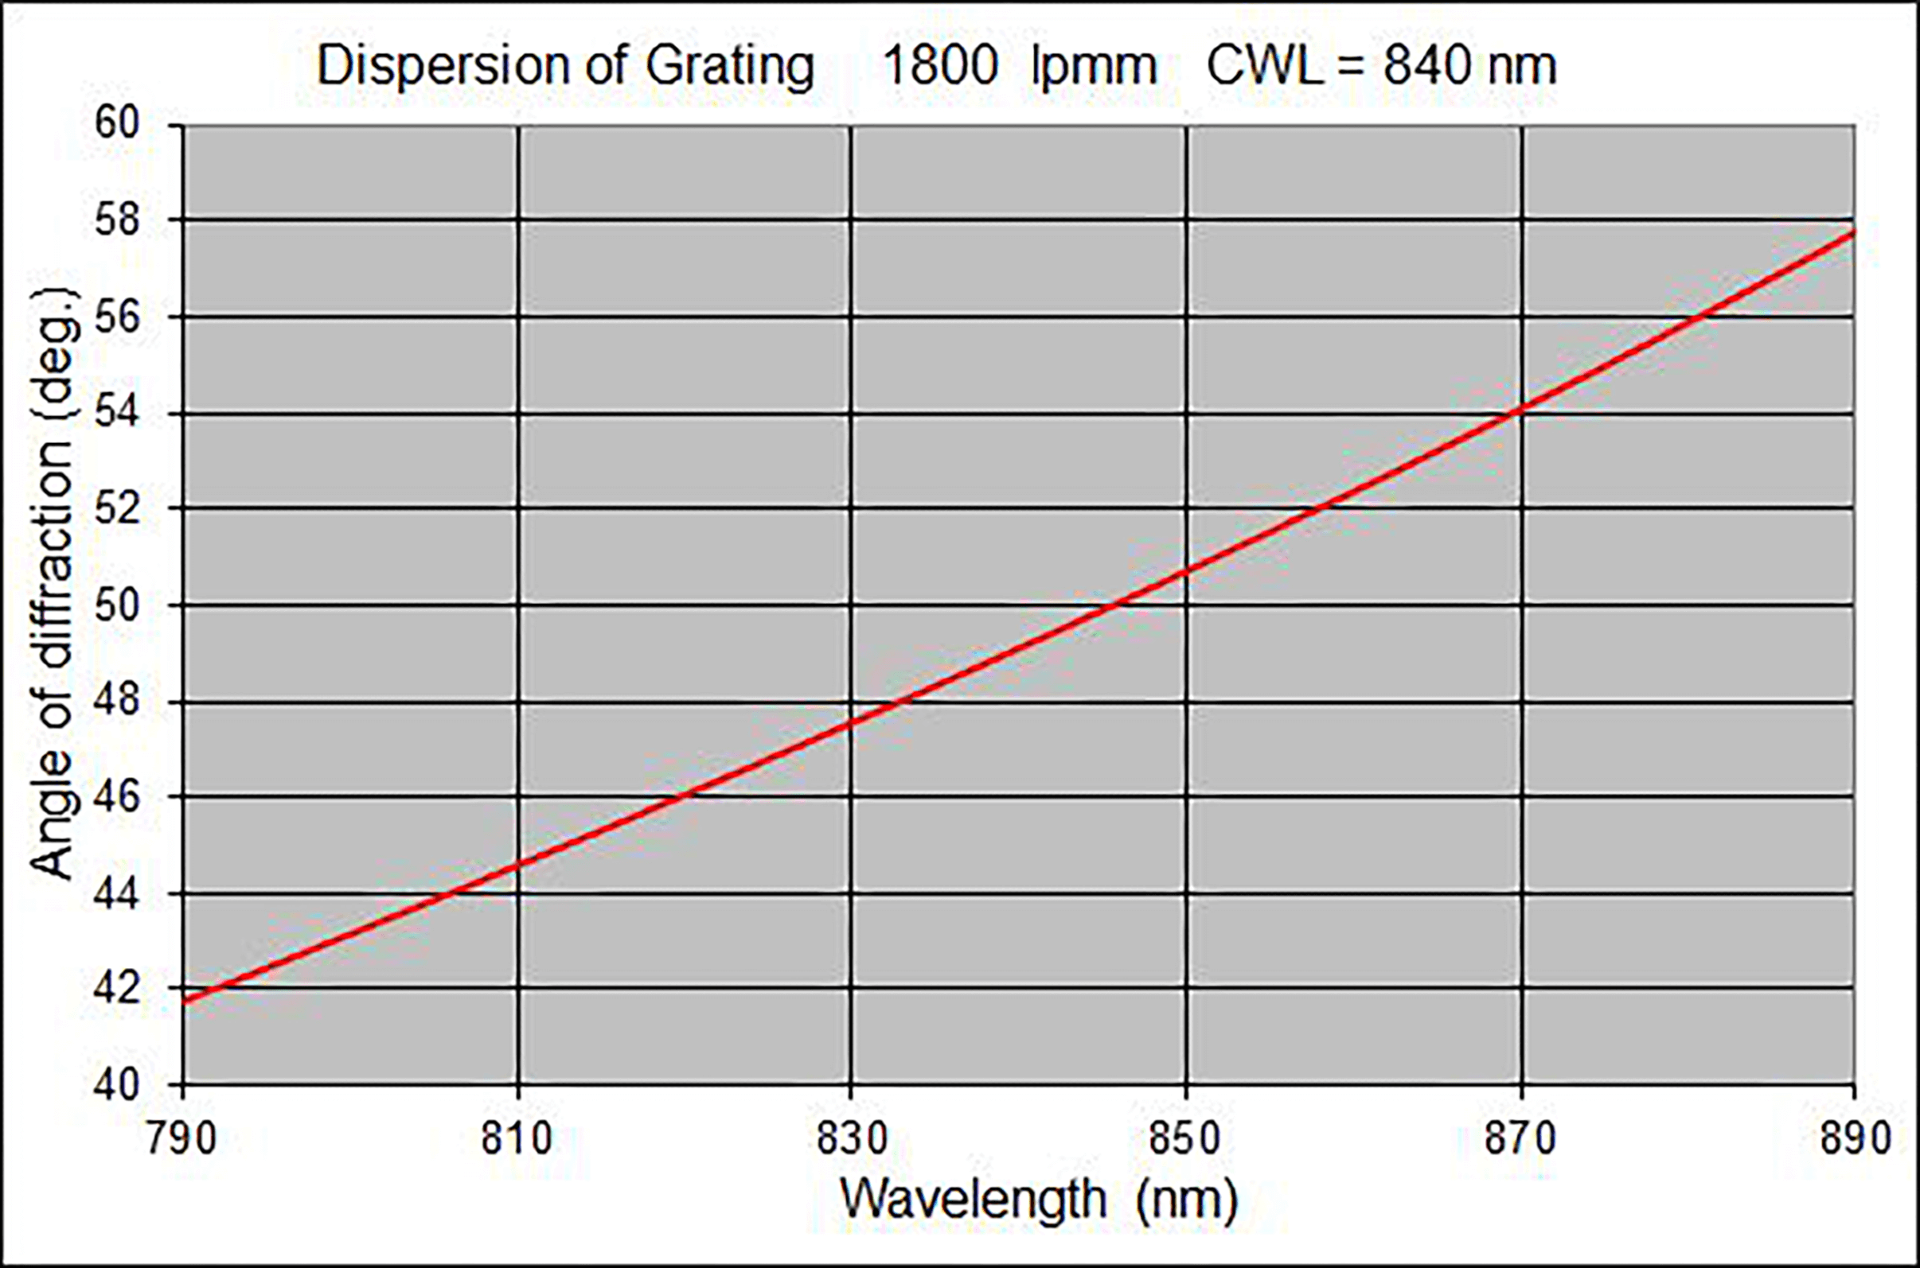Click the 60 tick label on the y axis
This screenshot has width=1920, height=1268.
pyautogui.click(x=117, y=125)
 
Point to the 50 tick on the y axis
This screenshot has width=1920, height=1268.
pyautogui.click(x=117, y=605)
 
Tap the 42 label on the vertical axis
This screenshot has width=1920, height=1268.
pyautogui.click(x=117, y=988)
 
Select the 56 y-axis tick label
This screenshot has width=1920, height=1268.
pyautogui.click(x=117, y=317)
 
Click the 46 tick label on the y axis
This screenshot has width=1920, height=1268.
pyautogui.click(x=117, y=797)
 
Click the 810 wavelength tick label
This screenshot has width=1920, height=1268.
pyautogui.click(x=517, y=1138)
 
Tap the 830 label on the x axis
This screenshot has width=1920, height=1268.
pyautogui.click(x=851, y=1138)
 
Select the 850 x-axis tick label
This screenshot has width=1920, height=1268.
pyautogui.click(x=1185, y=1138)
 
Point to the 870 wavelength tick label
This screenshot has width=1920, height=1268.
pyautogui.click(x=1520, y=1138)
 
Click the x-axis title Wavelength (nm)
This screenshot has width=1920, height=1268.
pyautogui.click(x=1039, y=1200)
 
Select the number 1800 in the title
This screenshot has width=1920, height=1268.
pyautogui.click(x=939, y=66)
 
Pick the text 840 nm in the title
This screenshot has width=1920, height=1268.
pyautogui.click(x=1469, y=66)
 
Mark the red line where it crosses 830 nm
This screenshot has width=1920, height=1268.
pyautogui.click(x=851, y=721)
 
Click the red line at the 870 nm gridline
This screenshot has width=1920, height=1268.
pyautogui.click(x=1521, y=409)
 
